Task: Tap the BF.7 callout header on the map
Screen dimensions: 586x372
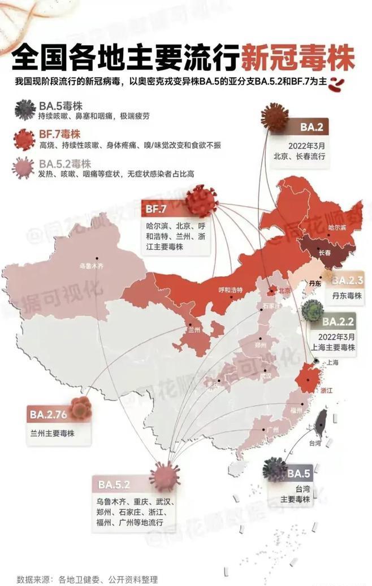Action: (156, 210)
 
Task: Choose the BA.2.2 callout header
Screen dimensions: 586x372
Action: (339, 322)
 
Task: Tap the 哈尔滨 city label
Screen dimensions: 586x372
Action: (338, 227)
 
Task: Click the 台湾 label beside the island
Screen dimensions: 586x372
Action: (323, 444)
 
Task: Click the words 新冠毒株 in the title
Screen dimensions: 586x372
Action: (297, 59)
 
